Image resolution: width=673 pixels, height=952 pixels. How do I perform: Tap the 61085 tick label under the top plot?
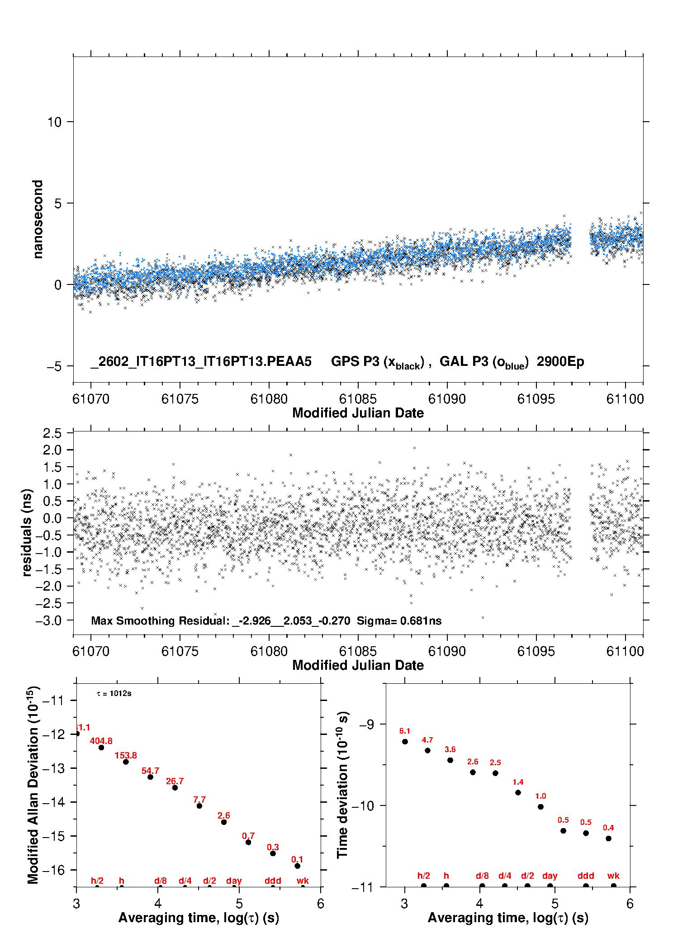pos(358,399)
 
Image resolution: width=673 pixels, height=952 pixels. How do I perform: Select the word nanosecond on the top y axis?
pos(38,219)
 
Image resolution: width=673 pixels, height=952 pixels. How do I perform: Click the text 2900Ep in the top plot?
pos(560,362)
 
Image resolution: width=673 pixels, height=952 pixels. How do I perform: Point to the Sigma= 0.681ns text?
pos(399,621)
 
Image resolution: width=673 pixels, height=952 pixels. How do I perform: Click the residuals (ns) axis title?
pos(27,532)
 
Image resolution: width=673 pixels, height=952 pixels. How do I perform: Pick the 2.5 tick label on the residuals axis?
pos(52,433)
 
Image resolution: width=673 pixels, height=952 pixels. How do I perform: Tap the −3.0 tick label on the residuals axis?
pos(49,620)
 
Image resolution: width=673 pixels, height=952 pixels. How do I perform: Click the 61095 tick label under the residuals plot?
pos(536,651)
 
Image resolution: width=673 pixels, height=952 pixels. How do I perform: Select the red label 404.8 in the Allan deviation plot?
pos(101,741)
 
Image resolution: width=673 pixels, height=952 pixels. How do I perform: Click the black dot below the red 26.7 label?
pos(175,787)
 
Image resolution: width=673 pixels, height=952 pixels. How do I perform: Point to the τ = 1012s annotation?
pos(114,693)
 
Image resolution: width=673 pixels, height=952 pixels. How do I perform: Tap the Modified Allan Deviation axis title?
pos(33,785)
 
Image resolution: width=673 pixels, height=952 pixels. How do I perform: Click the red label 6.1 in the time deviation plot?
pos(404,731)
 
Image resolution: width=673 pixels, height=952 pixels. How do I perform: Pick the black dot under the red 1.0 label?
pos(540,806)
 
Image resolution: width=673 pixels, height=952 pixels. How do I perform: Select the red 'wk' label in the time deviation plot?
pos(613,876)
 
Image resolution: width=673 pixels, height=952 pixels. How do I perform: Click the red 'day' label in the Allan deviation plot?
pos(234,881)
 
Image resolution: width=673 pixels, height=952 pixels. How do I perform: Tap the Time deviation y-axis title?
pos(343,785)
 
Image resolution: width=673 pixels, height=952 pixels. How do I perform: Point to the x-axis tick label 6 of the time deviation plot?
pos(630,904)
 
